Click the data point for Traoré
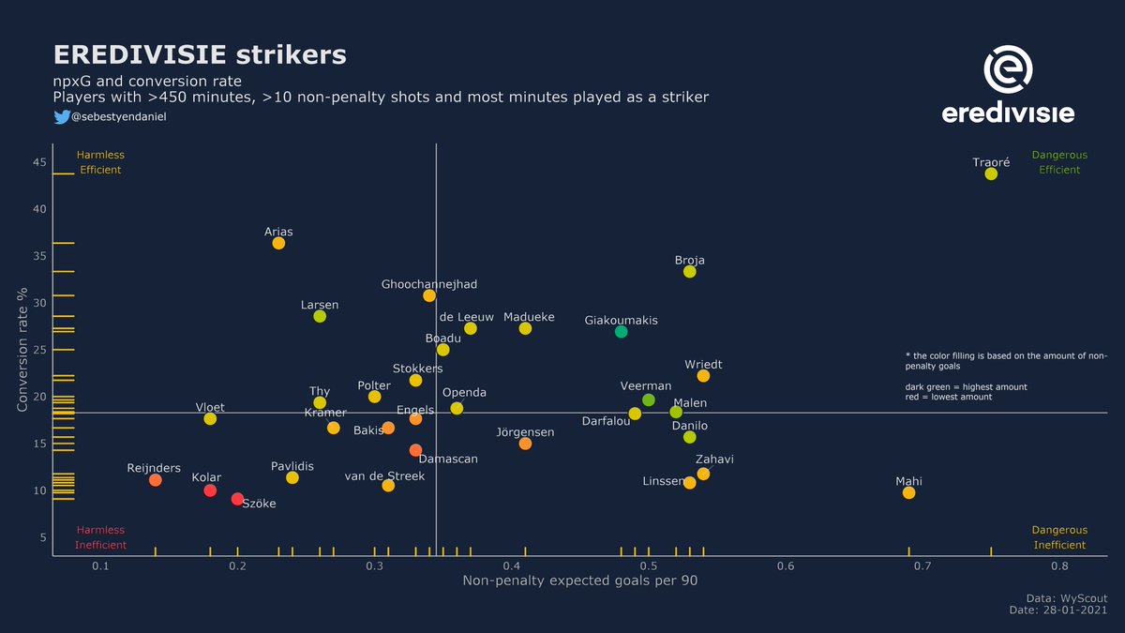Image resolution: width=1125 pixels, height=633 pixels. click(x=991, y=173)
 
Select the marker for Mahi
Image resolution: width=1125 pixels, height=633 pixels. click(x=908, y=492)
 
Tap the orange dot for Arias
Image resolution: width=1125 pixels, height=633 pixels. click(x=278, y=243)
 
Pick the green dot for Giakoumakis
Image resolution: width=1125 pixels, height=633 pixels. click(x=621, y=331)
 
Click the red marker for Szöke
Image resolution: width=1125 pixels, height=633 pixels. click(x=237, y=499)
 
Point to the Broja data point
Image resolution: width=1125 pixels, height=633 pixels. click(x=690, y=271)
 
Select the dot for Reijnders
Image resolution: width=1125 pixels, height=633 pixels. click(x=156, y=479)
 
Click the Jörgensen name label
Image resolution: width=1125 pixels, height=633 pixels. click(x=525, y=432)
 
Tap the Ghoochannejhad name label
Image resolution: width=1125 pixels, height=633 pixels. click(x=429, y=284)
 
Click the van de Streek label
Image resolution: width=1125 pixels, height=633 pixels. click(x=384, y=475)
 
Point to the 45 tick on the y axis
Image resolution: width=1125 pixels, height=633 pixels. click(x=39, y=162)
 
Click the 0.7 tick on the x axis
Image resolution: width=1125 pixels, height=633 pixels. click(x=922, y=566)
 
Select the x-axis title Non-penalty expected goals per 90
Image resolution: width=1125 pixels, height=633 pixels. click(x=579, y=581)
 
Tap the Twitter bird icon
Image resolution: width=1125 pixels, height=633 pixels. click(x=61, y=116)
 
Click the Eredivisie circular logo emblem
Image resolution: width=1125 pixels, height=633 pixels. click(x=1008, y=73)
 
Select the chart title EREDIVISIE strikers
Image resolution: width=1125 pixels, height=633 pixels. click(x=200, y=54)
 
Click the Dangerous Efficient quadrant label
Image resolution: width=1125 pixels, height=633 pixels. click(x=1059, y=162)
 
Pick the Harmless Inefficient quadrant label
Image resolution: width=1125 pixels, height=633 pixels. click(x=100, y=537)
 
